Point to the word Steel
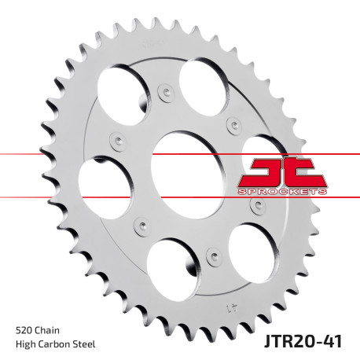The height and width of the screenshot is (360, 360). point(93,345)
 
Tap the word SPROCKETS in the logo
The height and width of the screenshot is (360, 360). point(281,191)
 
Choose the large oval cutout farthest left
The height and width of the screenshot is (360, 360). point(106,186)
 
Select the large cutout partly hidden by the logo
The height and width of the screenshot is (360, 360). point(261,154)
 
